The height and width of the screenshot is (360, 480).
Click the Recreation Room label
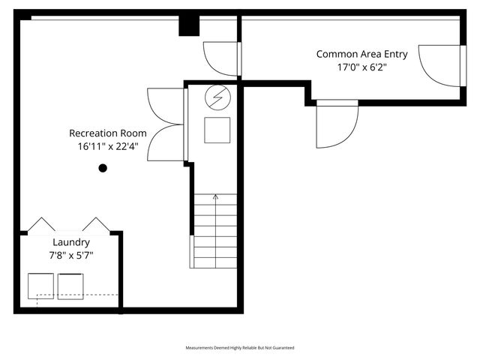point(107,133)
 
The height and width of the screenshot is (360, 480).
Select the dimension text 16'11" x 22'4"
point(107,147)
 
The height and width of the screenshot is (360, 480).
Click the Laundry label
point(71,242)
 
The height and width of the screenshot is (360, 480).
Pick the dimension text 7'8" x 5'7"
point(71,256)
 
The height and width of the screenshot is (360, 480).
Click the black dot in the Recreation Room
point(103,168)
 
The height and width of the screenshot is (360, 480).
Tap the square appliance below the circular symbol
point(218,129)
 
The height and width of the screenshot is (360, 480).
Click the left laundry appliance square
point(40,286)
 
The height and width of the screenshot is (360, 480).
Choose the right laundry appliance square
point(71,286)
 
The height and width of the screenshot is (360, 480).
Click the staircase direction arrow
point(216,198)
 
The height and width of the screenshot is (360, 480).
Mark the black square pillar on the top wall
point(189,25)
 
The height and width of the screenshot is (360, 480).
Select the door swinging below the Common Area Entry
point(335,124)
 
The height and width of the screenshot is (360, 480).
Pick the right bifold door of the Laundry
point(96,224)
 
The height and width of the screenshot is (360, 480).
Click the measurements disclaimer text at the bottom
point(240,348)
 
